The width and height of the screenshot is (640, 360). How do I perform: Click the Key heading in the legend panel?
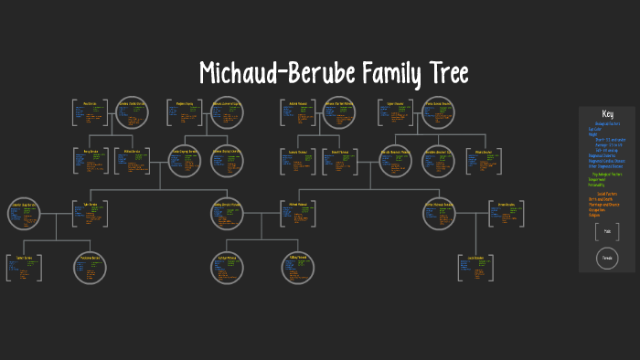point(607,113)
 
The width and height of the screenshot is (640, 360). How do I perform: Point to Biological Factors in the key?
point(607,123)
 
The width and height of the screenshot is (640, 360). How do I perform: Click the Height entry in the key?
point(594,135)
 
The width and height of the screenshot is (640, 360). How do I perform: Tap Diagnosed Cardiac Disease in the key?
point(607,160)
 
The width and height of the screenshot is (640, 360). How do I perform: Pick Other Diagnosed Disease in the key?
point(606,165)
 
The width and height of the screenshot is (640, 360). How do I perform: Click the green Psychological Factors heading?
point(607,174)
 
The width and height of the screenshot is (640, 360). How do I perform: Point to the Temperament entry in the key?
point(598,179)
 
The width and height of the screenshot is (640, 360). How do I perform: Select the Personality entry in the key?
point(598,185)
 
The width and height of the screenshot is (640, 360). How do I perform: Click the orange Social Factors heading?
point(607,193)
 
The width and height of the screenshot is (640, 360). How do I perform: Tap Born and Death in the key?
point(601,198)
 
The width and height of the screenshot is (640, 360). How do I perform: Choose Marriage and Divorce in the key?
point(604,204)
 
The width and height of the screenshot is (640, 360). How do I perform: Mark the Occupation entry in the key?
point(598,209)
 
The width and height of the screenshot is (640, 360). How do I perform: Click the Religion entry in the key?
point(595,215)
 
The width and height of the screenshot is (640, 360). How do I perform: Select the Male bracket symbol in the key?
point(607,232)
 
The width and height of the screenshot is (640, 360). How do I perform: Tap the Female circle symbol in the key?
point(607,259)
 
